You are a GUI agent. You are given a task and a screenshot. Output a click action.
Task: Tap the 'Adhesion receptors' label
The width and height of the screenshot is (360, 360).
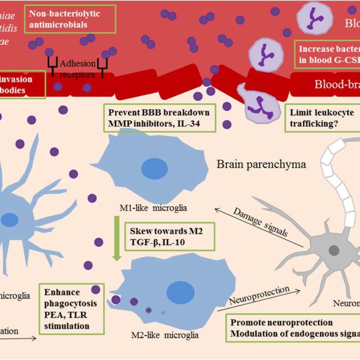coord(77,68)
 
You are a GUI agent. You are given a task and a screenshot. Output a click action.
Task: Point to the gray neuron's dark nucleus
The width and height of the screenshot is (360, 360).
coord(333,250)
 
